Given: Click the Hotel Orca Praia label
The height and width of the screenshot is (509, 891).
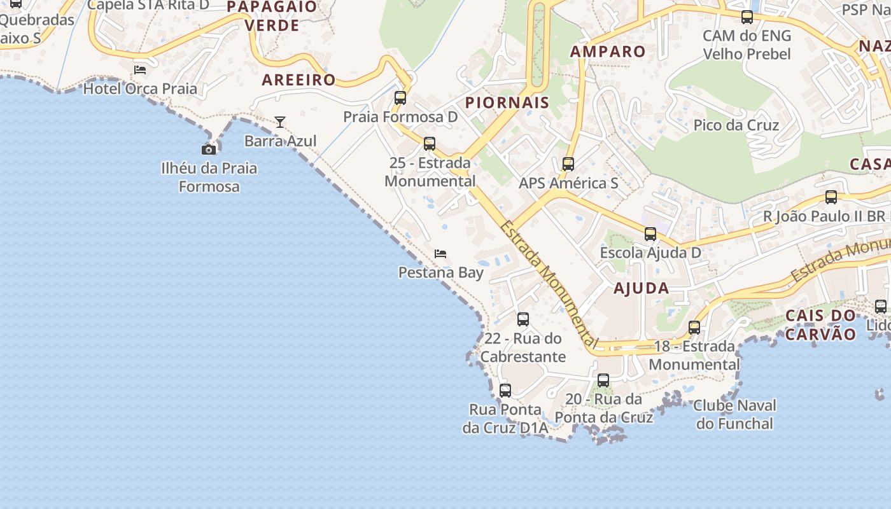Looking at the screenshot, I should pos(140,88).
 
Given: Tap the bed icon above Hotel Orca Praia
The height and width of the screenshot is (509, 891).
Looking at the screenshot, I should pos(140,69).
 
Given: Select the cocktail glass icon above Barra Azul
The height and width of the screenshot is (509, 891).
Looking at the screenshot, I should pos(280,122).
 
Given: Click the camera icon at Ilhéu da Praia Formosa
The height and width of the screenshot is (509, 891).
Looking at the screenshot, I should pos(208,150).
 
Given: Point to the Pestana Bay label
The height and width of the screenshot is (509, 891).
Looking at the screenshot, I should pos(441,272).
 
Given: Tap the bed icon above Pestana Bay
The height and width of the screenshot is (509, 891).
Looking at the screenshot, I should pos(440,254).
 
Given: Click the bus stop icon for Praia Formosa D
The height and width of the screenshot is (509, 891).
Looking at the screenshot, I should pos(400,98).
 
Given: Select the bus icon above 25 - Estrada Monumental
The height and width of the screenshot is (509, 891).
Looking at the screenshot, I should pos(430,144).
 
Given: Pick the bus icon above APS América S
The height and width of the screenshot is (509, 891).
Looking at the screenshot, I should pos(568,164).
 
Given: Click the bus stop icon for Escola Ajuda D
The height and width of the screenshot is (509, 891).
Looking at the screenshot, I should pos(650,234).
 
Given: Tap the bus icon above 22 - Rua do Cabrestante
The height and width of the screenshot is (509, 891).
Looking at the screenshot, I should pos(523,319).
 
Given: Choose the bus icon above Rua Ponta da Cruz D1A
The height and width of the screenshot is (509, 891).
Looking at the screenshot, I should pos(505,391).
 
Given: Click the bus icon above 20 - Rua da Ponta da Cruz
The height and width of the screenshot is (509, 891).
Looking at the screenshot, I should pos(603,380).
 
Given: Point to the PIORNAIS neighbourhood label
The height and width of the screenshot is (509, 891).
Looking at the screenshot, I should pos(507,103).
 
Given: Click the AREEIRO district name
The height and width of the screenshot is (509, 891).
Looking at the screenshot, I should pos(298,80).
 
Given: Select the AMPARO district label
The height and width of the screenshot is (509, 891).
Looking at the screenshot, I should pos(608,52).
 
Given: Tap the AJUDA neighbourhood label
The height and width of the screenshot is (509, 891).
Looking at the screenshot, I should pos(641,288).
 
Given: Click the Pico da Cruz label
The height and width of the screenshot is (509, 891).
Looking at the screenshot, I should pos(736,125).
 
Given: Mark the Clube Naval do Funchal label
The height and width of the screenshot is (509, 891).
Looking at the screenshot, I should pos(734,414).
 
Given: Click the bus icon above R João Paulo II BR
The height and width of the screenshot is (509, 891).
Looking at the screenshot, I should pos(831,197).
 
